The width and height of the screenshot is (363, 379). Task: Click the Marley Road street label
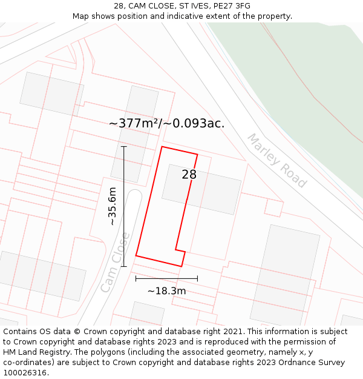(276, 160)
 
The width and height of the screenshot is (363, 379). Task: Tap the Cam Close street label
(115, 262)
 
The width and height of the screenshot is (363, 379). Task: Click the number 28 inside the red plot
(189, 175)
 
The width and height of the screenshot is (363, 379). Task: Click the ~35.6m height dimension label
(112, 206)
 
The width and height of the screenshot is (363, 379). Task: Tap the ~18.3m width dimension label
(166, 291)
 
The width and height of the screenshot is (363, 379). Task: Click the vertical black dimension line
(123, 206)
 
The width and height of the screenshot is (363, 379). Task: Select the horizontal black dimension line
(166, 278)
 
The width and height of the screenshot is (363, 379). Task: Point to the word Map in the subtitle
(81, 16)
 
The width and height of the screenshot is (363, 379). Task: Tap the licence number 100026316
(25, 373)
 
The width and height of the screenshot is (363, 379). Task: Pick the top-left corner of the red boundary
(162, 147)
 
